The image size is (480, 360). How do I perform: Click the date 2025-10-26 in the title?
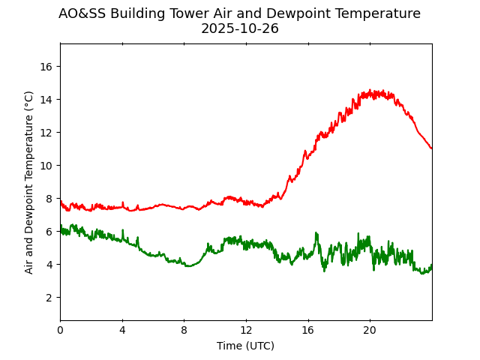pos(239,28)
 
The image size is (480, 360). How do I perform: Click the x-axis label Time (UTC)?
pos(245,346)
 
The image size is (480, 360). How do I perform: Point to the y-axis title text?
pos(29,182)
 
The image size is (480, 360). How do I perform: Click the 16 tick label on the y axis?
pos(46,67)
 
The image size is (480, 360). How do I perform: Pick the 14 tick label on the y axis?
pos(46,100)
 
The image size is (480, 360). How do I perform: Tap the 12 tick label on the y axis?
pos(46,133)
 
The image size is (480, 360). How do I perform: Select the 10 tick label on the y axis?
pos(46,166)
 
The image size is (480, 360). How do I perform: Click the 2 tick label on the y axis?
pos(49,298)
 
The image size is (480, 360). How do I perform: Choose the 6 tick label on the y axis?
pos(49,232)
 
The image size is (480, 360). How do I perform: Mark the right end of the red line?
pos(431,148)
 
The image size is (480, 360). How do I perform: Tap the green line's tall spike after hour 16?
pos(316,233)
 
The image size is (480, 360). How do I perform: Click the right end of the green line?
pos(431,265)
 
